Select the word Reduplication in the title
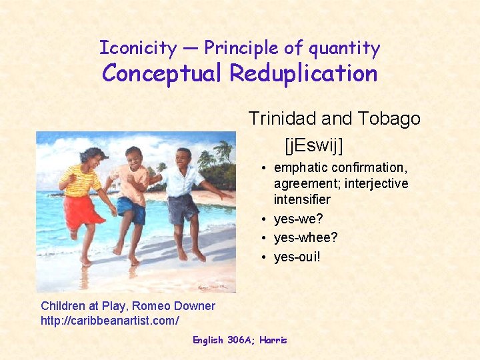tap(303, 73)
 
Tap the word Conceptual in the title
tap(162, 73)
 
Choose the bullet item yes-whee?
tap(305, 237)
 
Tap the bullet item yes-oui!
tap(297, 256)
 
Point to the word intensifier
tap(302, 199)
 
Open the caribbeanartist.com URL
tap(109, 321)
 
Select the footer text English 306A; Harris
tap(239, 340)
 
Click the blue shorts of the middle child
tap(132, 209)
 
